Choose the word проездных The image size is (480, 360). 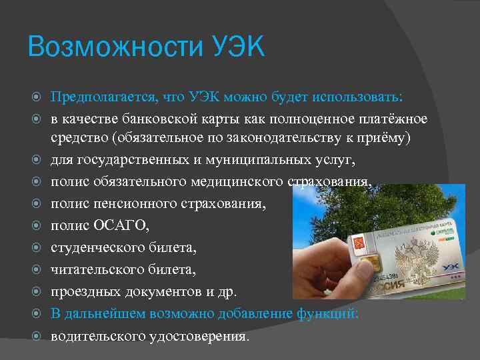(85, 291)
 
